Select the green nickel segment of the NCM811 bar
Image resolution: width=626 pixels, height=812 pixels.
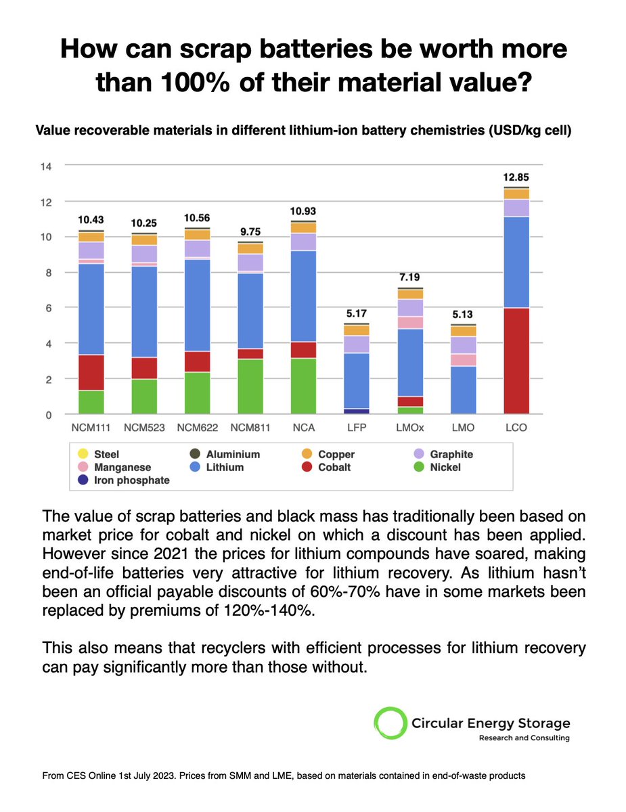click(x=250, y=386)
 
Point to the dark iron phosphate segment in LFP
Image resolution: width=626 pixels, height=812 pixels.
click(x=357, y=411)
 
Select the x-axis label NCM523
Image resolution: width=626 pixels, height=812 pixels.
click(x=143, y=428)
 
